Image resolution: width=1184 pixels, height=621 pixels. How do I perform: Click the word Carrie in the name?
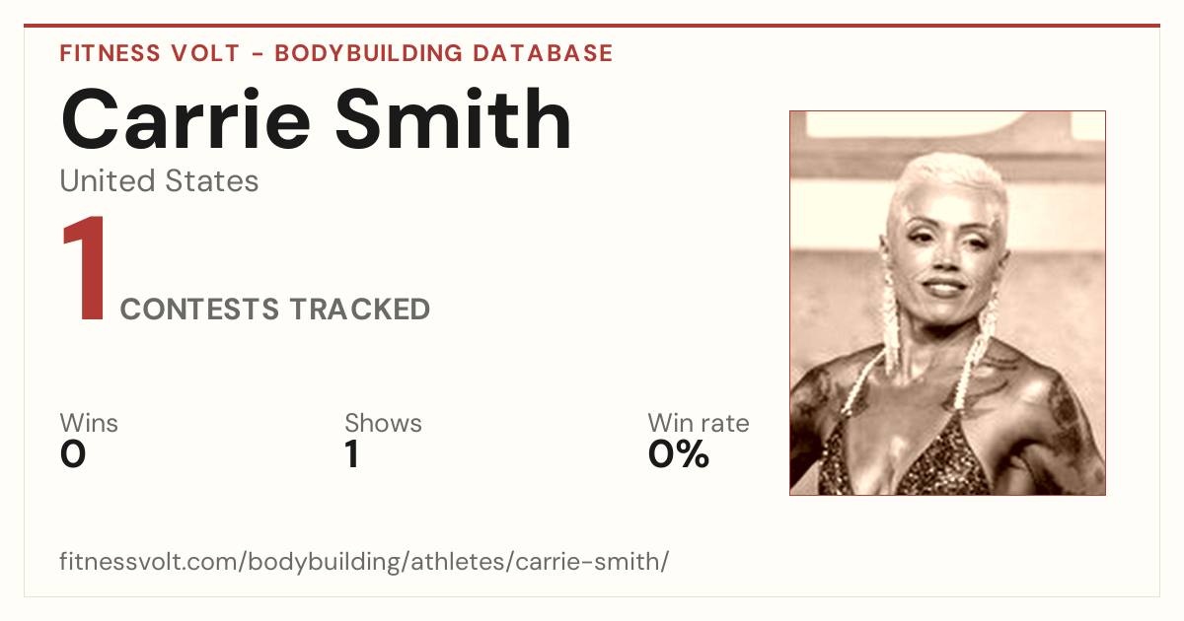pos(185,119)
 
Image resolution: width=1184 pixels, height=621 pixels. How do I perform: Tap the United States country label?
pos(159,180)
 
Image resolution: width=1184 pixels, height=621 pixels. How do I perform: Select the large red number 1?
pos(85,268)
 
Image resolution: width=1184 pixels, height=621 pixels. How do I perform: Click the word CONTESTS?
pos(199,309)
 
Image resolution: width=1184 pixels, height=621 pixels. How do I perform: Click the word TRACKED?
pos(360,309)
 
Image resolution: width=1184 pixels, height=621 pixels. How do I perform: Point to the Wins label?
pos(89,423)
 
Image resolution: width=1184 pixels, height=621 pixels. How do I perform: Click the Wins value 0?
pos(73,454)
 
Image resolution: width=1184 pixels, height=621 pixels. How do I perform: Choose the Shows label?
pos(383,423)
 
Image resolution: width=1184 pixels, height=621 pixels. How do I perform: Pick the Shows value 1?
pos(352,454)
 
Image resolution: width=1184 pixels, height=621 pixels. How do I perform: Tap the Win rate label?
pos(699,423)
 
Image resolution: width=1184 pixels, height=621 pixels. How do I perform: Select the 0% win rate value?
pos(679,454)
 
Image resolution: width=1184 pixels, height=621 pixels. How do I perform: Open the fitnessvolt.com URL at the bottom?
pos(364,561)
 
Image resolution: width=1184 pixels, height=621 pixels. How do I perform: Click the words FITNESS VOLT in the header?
pos(150,53)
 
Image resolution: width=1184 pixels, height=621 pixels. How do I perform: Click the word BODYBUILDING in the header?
pos(369,53)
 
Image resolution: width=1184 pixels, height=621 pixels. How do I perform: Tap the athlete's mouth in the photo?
pos(944,287)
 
